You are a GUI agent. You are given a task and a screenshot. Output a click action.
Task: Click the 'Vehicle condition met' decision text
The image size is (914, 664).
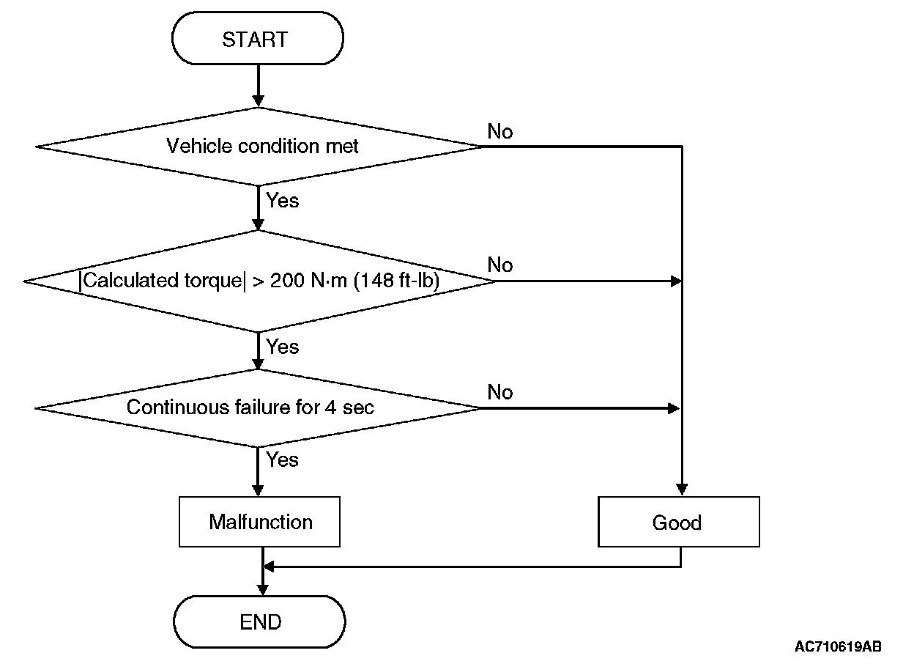(x=262, y=146)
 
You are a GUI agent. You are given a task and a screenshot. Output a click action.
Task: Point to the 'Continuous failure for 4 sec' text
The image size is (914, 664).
(x=250, y=407)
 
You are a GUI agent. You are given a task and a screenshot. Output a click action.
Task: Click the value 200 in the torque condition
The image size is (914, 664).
(x=287, y=281)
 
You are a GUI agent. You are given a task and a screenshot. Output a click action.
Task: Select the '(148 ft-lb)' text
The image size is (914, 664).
(x=396, y=281)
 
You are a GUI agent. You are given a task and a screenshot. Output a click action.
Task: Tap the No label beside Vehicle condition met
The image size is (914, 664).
(x=499, y=131)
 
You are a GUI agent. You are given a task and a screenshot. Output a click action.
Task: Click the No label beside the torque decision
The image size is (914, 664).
(x=499, y=265)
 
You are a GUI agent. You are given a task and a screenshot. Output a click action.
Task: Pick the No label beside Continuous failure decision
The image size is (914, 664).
(x=499, y=392)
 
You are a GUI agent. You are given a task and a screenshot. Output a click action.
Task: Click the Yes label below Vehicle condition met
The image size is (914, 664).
(x=283, y=201)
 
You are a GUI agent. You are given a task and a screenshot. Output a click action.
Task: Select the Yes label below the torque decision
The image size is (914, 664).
(x=283, y=347)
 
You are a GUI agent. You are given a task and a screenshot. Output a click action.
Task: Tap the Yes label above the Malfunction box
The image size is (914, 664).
(x=283, y=460)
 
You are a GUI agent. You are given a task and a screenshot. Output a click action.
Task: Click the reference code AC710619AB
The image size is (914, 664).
(x=838, y=646)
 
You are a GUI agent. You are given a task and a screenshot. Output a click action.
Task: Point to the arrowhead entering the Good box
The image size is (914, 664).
(x=682, y=490)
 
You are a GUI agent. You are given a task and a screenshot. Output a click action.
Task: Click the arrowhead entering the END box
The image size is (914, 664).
(x=263, y=589)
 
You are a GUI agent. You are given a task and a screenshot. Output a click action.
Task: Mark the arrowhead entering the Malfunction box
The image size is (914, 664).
(x=258, y=490)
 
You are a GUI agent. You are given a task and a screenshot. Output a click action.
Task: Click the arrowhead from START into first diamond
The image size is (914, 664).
(x=259, y=101)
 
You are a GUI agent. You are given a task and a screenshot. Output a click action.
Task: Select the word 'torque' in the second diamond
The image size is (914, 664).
(x=213, y=281)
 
